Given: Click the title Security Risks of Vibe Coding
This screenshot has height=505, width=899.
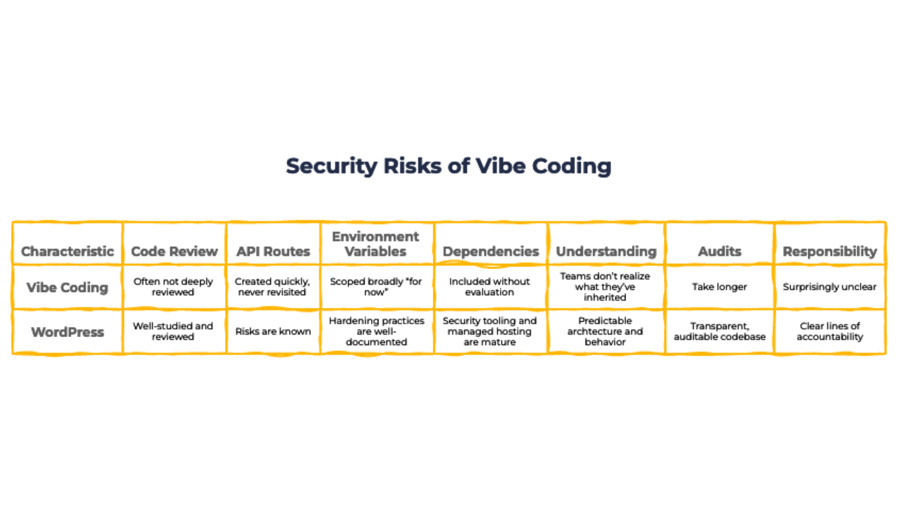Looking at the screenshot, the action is click(x=448, y=166).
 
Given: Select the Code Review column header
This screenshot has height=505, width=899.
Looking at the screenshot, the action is click(x=174, y=251).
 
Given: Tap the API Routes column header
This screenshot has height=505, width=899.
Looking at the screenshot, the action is click(x=273, y=251).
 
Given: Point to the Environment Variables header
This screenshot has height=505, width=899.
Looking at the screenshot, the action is click(x=376, y=244).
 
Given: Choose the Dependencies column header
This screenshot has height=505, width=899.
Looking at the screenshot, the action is click(x=491, y=251).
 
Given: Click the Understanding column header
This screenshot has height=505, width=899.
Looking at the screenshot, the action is click(x=606, y=252).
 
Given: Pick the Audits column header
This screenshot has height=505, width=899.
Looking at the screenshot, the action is click(x=720, y=251).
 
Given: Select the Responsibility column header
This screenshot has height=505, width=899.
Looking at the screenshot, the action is click(x=830, y=252).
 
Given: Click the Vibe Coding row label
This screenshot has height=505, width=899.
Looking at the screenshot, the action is click(x=67, y=288).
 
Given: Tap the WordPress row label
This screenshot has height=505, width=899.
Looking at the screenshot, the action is click(x=68, y=332).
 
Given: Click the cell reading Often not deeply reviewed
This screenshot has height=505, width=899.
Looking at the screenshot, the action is click(x=173, y=287).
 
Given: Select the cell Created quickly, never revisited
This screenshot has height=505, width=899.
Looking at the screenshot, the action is click(x=272, y=287).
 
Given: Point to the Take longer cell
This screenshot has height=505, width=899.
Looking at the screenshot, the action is click(x=720, y=287).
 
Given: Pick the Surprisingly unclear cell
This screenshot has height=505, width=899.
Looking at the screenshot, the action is click(x=830, y=287).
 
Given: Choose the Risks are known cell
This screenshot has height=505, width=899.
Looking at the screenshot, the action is click(x=273, y=331).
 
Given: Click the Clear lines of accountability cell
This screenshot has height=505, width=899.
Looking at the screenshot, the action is click(x=830, y=331).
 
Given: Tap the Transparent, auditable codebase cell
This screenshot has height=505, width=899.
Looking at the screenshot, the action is click(x=720, y=331).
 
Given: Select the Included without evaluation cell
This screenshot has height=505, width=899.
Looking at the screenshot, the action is click(x=490, y=287).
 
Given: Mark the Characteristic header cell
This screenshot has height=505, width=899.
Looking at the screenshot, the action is click(x=68, y=251).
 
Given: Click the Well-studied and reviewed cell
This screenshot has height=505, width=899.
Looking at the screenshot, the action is click(x=173, y=331).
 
